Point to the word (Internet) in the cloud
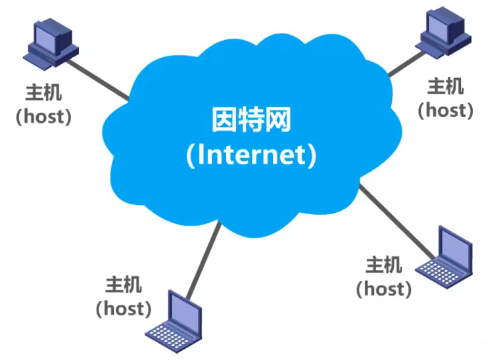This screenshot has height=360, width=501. pos(251,155)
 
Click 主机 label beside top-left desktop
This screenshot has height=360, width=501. pos(43,93)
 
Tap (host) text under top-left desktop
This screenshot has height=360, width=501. pos(43,116)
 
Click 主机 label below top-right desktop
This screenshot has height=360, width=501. pos(445,86)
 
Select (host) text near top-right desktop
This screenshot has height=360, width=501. pos(445,110)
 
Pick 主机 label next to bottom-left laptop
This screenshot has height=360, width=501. pos(123,284)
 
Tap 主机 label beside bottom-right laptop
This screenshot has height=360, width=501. pos(383,265)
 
